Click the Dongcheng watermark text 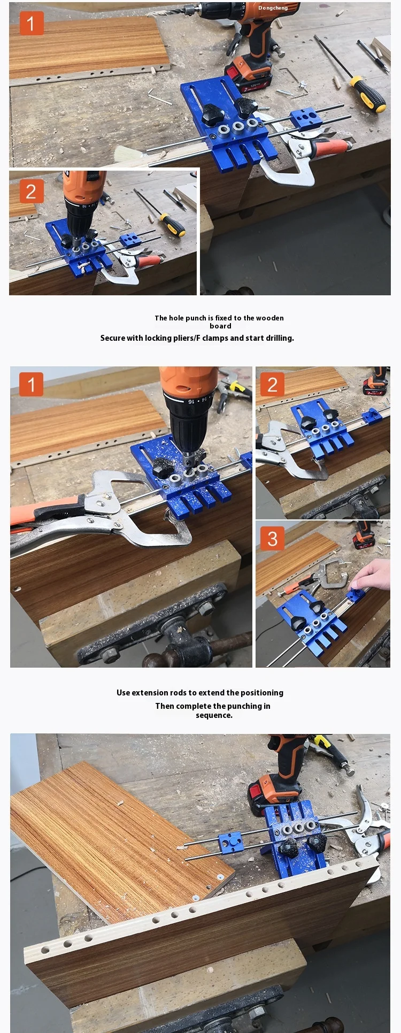pos(273,8)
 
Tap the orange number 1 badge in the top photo pos(31,24)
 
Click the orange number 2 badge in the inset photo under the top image pos(31,192)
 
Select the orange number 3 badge pos(272,539)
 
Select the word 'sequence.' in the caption pos(214,715)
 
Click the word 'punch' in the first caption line pos(196,318)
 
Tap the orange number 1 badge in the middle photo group pos(31,384)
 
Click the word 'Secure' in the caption pos(112,338)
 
